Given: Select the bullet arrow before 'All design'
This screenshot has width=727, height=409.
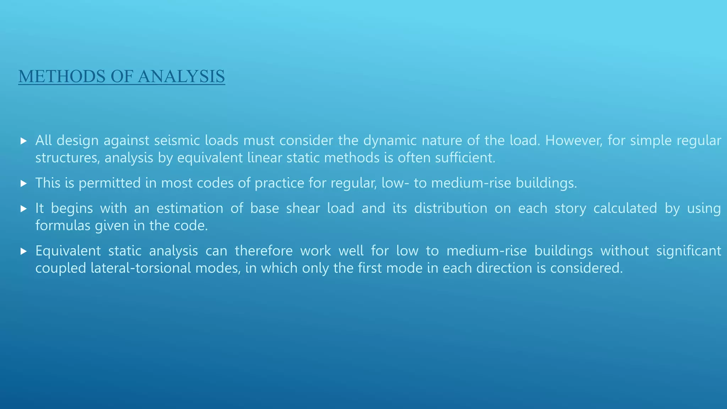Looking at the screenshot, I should [24, 141].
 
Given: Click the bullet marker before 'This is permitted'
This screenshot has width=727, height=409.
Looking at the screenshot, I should [24, 184].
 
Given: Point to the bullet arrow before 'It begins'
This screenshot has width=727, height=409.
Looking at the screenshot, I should [24, 209].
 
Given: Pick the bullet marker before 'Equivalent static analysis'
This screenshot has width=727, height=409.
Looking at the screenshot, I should [24, 251].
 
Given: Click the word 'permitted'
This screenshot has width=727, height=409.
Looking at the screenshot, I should [110, 184].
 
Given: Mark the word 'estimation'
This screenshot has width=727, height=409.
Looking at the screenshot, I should [190, 208].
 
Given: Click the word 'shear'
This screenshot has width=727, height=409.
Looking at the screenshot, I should [303, 208].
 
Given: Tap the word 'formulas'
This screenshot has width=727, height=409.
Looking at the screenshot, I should [63, 226].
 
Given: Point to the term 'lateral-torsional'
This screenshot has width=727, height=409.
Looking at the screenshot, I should [141, 268].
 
